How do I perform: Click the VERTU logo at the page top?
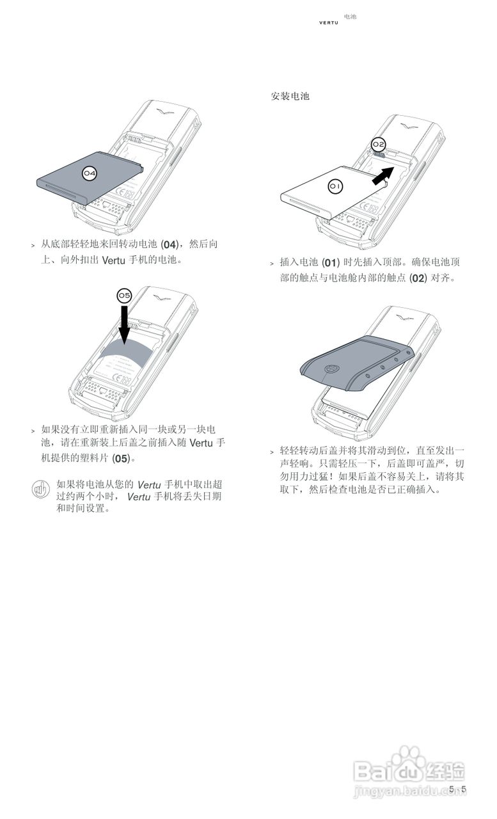(329, 23)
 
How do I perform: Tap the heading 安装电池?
(290, 96)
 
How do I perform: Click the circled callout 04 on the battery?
(90, 173)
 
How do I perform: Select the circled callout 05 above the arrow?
(124, 295)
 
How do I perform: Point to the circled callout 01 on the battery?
(336, 186)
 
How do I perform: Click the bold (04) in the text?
(169, 245)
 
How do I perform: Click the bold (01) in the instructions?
(329, 263)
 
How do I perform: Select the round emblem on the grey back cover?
(331, 370)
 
